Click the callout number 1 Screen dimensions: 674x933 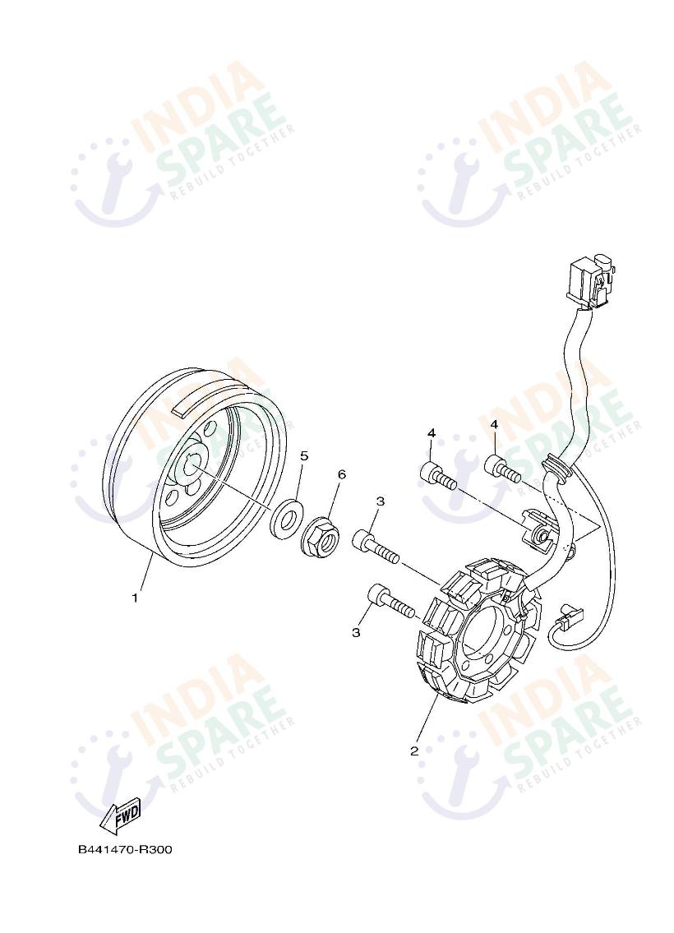[x=135, y=598]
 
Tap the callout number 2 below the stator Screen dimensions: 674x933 [x=414, y=751]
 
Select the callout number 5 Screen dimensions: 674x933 [x=304, y=455]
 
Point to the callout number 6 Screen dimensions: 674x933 [x=341, y=474]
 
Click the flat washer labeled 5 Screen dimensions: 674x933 [x=286, y=517]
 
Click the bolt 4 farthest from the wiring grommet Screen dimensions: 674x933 [x=438, y=473]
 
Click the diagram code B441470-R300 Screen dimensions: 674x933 [x=125, y=849]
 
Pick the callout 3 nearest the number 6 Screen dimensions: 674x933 [x=380, y=501]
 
